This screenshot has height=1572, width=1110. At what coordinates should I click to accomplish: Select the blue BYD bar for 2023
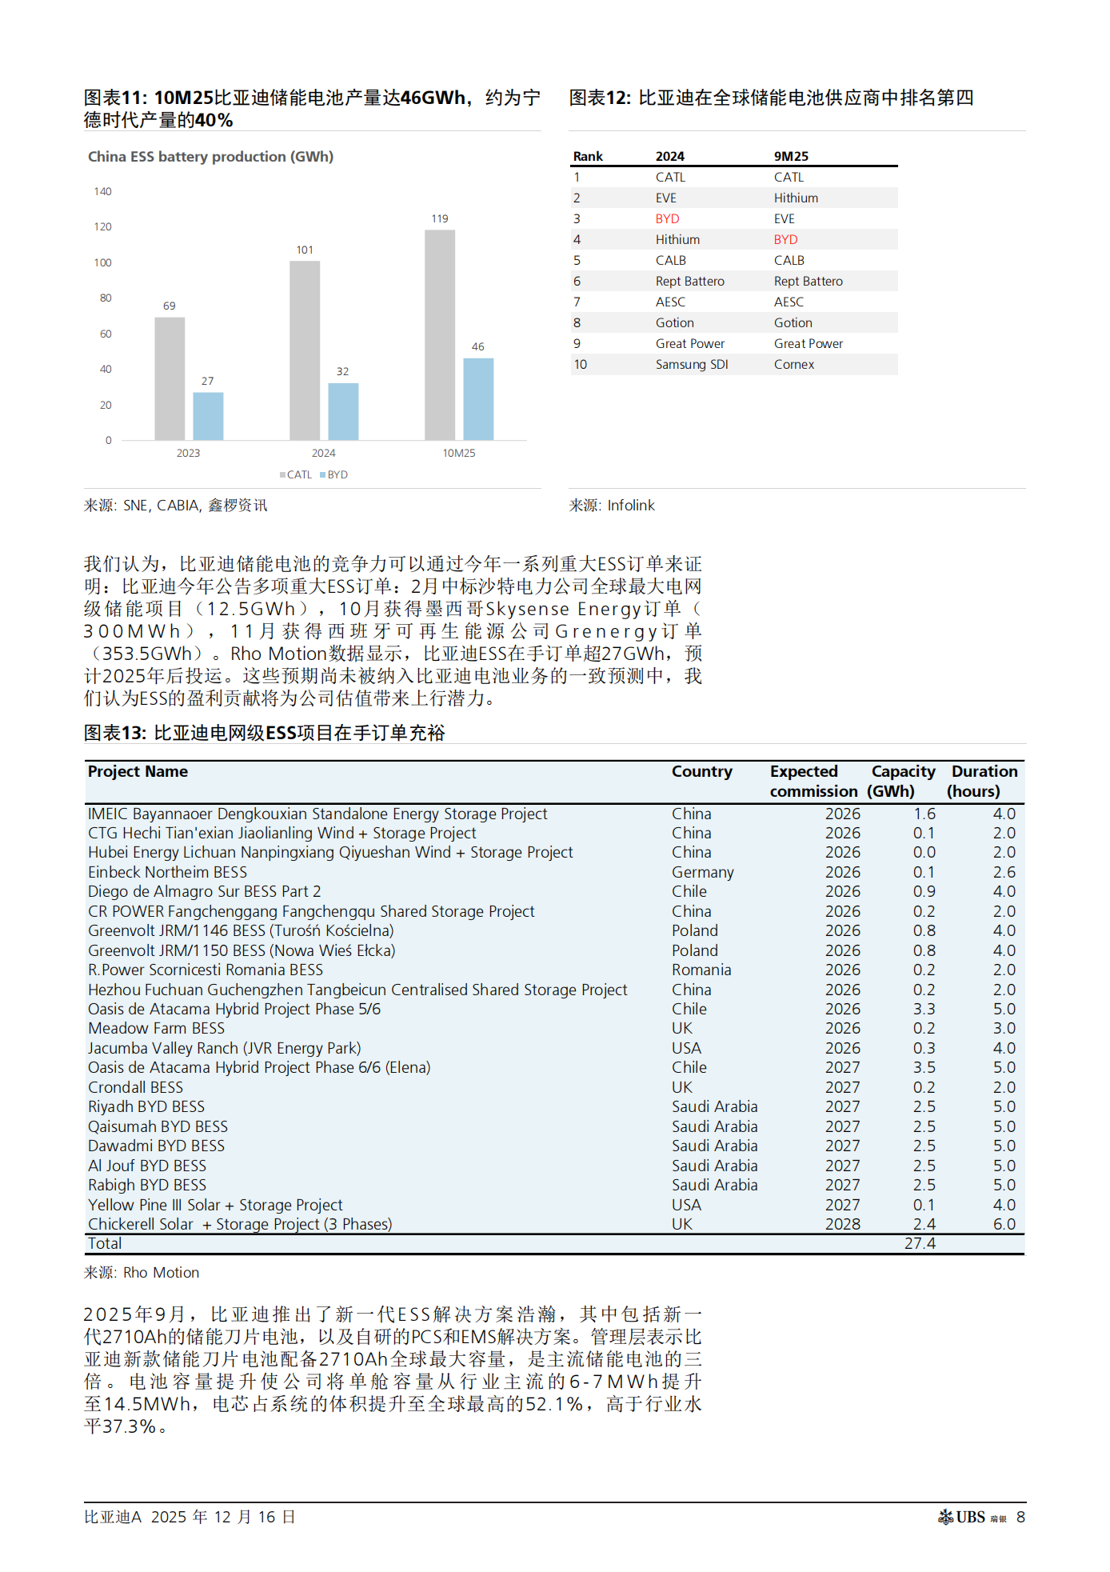[x=208, y=416]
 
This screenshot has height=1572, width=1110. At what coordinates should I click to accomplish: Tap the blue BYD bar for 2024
[x=343, y=411]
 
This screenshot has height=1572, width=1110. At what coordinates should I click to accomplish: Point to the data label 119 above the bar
[x=440, y=218]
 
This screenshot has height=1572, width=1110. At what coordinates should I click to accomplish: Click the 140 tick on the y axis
[x=102, y=191]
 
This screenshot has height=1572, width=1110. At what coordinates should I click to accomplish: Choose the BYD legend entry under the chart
[x=334, y=474]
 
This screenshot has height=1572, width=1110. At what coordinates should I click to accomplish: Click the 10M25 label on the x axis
[x=459, y=453]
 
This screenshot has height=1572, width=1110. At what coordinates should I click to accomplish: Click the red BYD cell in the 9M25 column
[x=785, y=239]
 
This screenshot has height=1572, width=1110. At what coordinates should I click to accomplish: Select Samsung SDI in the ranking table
[x=692, y=364]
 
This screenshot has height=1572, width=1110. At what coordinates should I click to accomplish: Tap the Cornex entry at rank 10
[x=794, y=364]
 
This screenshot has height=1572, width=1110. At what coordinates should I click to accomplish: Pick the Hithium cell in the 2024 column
[x=677, y=239]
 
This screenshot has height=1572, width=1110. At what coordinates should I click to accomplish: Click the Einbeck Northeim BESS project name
[x=167, y=872]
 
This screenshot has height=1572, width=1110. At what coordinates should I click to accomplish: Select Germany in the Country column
[x=702, y=872]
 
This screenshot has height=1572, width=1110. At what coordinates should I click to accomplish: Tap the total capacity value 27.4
[x=920, y=1243]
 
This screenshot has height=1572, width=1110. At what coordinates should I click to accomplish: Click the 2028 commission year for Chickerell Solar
[x=842, y=1224]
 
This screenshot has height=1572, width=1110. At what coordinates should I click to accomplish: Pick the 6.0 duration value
[x=1004, y=1224]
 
